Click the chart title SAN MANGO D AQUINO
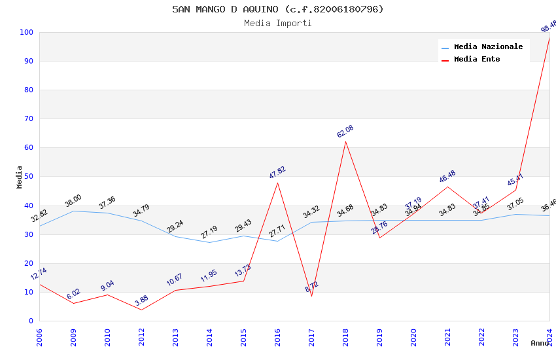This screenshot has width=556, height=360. (278, 9)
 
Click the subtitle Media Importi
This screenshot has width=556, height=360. (278, 23)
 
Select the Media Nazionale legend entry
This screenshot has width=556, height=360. (488, 46)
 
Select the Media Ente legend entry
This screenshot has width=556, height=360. (477, 59)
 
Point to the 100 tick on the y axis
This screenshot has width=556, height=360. (27, 32)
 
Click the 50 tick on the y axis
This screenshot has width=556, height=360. (29, 177)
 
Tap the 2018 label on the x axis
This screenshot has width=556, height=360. (345, 337)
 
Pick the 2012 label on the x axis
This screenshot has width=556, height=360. (141, 337)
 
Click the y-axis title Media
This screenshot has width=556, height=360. (20, 177)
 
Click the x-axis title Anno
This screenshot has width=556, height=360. (540, 343)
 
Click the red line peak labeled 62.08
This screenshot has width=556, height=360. (345, 141)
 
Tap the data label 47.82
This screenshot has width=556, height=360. (277, 172)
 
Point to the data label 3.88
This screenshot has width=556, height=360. (141, 300)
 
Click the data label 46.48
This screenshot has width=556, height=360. (447, 176)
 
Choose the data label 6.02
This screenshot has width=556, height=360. (73, 294)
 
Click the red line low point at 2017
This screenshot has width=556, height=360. (311, 296)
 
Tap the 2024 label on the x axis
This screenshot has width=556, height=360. (549, 337)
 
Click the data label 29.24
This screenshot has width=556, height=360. (175, 226)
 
